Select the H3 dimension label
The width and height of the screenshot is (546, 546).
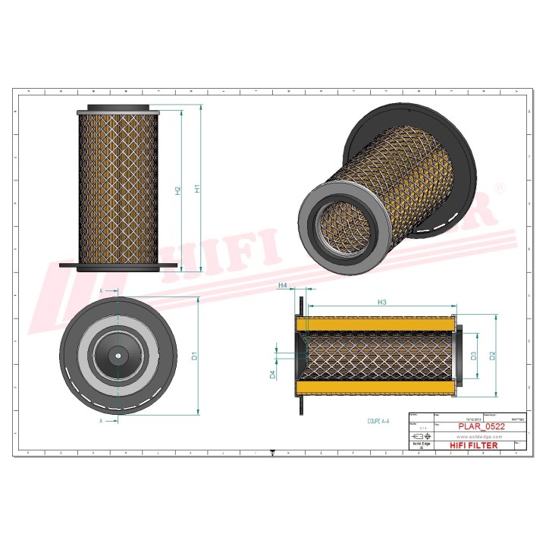tap(382, 303)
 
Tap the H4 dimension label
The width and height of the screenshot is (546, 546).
tap(283, 285)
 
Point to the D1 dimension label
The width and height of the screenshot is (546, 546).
tap(195, 355)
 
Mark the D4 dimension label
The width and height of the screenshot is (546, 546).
tap(272, 373)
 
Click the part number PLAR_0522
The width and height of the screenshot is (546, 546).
tap(482, 427)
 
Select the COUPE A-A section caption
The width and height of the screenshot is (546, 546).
tap(378, 419)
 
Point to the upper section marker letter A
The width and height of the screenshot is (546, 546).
tap(102, 290)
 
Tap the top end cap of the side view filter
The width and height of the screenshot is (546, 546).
tap(119, 108)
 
